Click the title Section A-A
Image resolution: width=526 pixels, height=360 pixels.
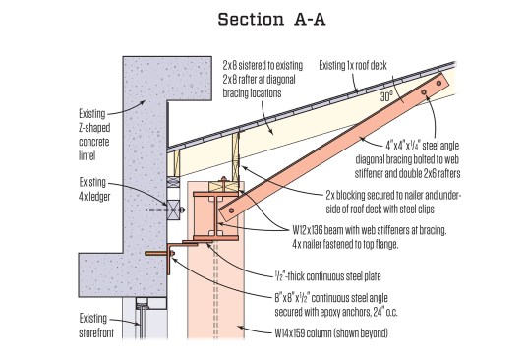271,19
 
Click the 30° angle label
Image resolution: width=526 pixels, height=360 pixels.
386,96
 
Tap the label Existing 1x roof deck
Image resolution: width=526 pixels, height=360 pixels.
353,65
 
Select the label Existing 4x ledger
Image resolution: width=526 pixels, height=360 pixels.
94,189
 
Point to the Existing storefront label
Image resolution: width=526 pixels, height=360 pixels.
96,326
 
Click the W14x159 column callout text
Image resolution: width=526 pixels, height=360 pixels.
331,333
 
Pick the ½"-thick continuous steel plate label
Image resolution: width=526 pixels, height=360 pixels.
327,276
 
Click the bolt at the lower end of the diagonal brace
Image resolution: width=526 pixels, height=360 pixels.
231,210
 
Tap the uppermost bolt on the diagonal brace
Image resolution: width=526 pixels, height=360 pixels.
438,83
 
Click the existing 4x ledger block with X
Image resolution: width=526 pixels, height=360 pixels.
173,210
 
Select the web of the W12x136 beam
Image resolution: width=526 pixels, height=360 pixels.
213,216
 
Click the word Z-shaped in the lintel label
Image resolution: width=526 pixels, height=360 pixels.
94,128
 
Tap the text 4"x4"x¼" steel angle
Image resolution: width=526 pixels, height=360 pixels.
423,146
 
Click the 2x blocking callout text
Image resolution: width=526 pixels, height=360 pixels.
393,202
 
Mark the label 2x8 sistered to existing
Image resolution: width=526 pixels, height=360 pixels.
263,65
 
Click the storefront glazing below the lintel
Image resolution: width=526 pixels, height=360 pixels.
143,321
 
